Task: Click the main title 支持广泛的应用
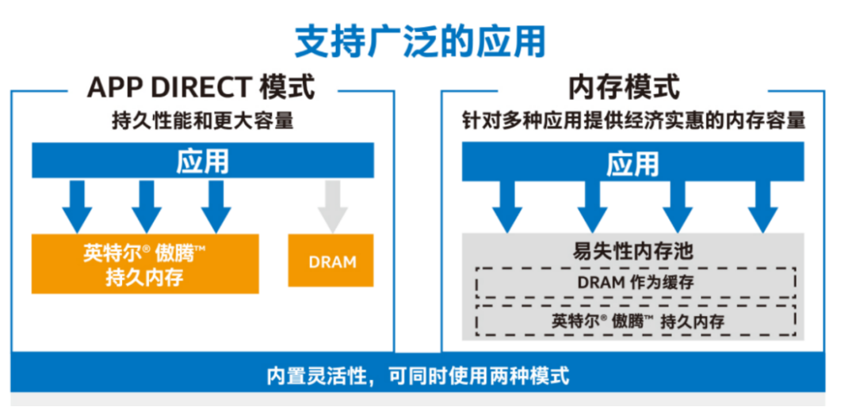click(x=420, y=41)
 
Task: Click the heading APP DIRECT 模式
click(x=201, y=87)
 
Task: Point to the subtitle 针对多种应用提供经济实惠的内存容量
click(x=634, y=121)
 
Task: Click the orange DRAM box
click(x=331, y=261)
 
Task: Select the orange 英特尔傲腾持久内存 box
click(x=145, y=264)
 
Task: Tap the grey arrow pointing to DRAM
click(x=331, y=204)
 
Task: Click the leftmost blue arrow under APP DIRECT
click(x=78, y=204)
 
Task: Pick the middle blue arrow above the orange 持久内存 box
click(x=147, y=204)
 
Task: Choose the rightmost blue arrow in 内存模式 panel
click(x=762, y=205)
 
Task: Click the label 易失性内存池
click(x=632, y=252)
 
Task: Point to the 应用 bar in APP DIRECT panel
click(x=202, y=162)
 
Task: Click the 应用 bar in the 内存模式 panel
click(x=632, y=164)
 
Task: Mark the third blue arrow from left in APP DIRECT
click(x=216, y=204)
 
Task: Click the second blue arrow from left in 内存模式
click(x=592, y=205)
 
